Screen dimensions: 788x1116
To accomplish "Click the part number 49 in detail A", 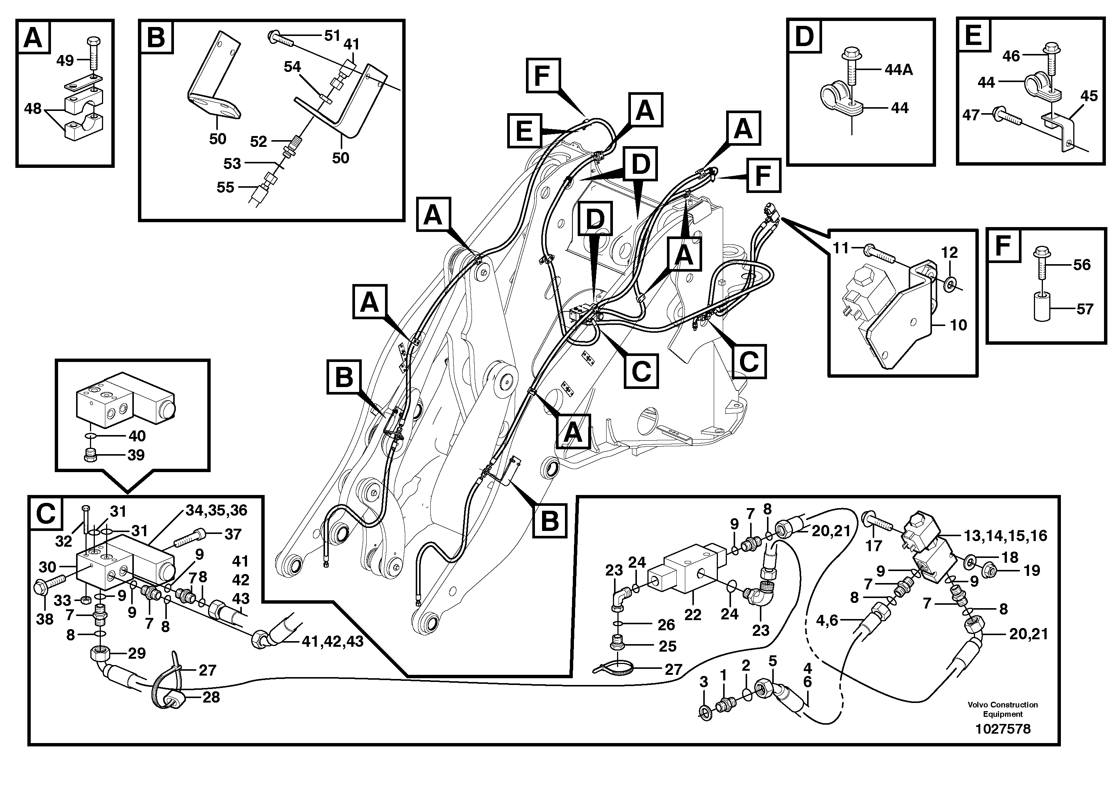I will click(x=65, y=61).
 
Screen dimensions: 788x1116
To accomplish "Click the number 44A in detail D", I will click(x=898, y=70).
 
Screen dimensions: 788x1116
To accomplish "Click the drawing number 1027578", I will click(x=1003, y=729).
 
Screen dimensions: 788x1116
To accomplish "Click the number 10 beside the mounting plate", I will click(x=958, y=325).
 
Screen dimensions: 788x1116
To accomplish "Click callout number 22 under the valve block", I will click(x=693, y=615).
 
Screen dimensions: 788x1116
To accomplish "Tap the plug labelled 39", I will click(x=90, y=455).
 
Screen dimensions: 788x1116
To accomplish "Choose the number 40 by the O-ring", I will click(x=136, y=436).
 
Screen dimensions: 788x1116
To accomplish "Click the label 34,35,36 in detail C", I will click(x=216, y=510).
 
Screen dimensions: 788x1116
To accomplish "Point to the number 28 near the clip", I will click(x=211, y=697).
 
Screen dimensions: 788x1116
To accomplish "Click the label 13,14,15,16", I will click(x=1005, y=536).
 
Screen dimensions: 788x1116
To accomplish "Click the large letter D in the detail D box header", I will click(x=804, y=37).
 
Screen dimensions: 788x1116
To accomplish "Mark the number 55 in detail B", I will click(x=225, y=187).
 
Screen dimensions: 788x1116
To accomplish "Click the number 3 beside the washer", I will click(x=703, y=682).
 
